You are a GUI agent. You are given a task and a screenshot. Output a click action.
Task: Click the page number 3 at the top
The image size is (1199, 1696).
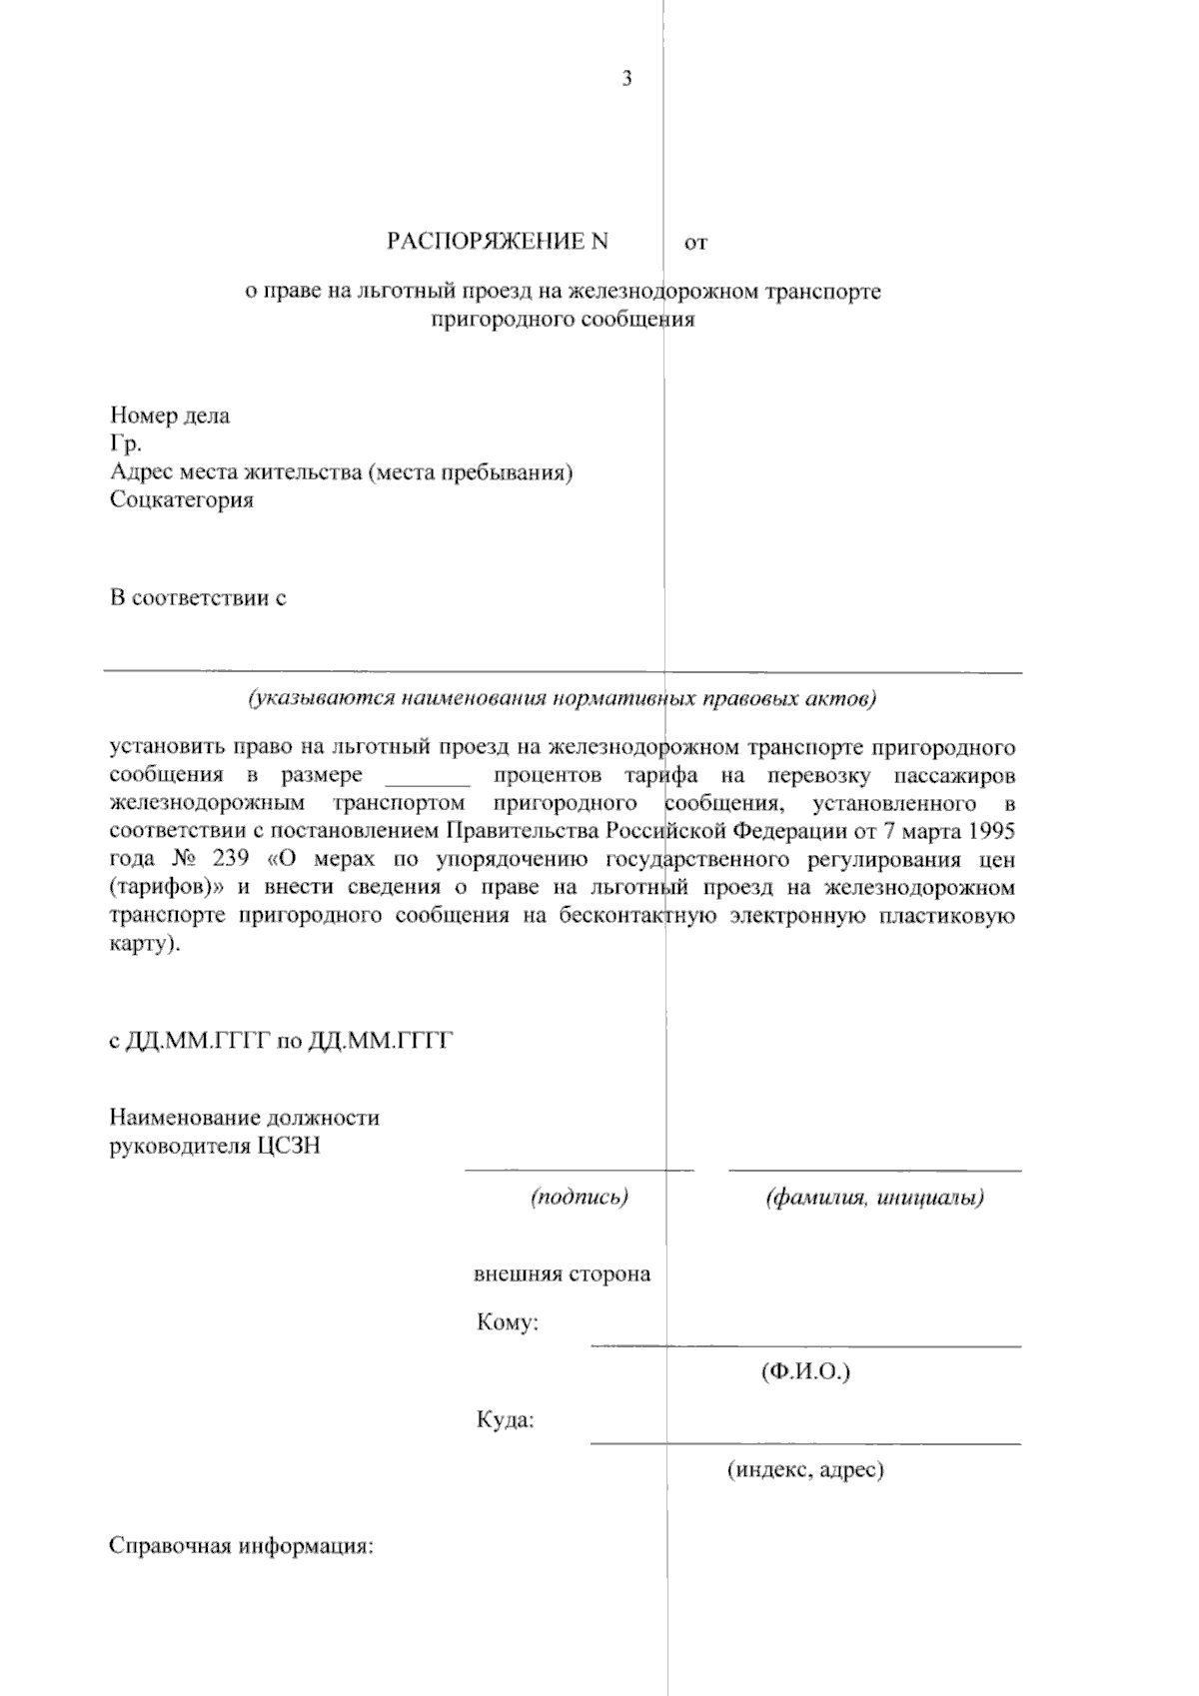[x=626, y=80]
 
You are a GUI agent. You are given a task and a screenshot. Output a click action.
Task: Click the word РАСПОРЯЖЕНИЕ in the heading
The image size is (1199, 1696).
[x=487, y=241]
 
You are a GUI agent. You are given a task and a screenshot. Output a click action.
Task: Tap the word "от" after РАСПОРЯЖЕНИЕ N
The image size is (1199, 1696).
[x=695, y=242]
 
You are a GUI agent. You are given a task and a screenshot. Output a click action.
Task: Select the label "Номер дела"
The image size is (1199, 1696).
[x=170, y=416]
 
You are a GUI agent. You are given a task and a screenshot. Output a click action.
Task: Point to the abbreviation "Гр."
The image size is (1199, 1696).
[x=126, y=443]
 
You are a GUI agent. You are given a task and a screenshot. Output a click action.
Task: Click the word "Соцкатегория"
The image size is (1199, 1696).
[x=182, y=499]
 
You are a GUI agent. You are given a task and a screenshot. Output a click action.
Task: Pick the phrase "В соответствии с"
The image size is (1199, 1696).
[x=198, y=598]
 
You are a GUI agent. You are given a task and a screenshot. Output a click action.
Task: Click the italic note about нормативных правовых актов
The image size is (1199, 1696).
[x=563, y=698]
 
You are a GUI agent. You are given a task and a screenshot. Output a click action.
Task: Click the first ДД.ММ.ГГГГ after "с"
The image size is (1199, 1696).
[x=198, y=1041]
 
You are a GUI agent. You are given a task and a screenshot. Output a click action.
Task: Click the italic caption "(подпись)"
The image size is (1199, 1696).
[x=580, y=1197]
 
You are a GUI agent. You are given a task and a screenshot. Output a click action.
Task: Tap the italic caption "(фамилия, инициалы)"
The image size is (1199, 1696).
[x=875, y=1197]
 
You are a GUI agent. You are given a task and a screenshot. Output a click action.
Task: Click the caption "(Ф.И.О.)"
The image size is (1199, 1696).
[x=805, y=1371]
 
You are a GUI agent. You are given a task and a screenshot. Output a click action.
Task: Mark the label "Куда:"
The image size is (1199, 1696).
[x=505, y=1419]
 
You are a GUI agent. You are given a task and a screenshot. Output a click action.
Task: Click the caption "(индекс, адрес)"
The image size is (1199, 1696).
[x=805, y=1469]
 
